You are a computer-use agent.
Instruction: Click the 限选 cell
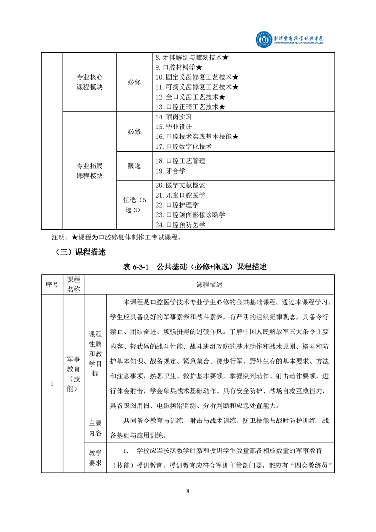coord(134,166)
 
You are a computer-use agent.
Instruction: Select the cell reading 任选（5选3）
coord(134,205)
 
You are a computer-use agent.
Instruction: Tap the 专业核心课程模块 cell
coord(90,82)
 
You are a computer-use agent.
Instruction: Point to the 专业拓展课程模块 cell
coord(90,171)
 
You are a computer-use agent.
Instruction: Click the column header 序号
coord(52,284)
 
